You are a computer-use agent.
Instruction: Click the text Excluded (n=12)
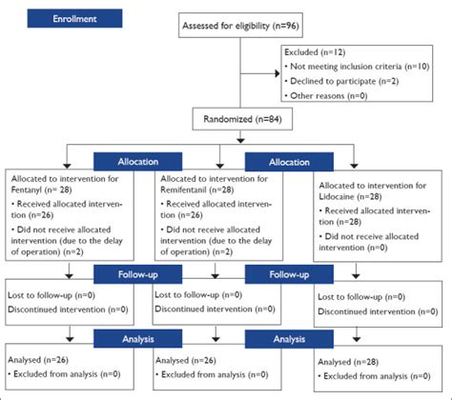coord(321,54)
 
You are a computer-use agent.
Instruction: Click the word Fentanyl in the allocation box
coord(30,189)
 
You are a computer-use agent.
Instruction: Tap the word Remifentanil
coord(186,189)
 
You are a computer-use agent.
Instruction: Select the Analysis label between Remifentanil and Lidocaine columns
coord(289,337)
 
